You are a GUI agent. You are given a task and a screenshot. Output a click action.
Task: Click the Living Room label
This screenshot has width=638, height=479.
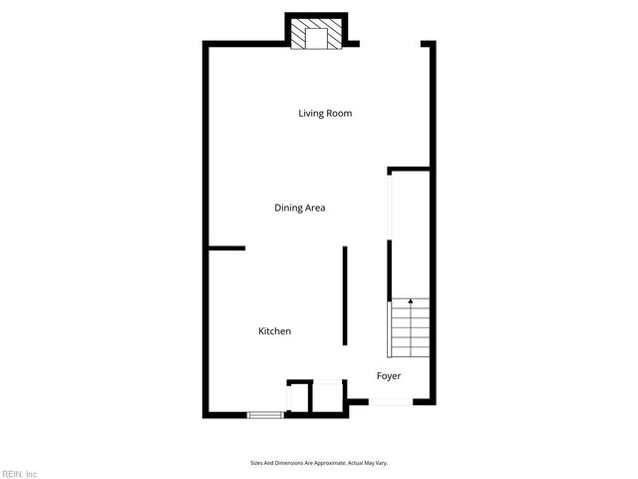coord(325,113)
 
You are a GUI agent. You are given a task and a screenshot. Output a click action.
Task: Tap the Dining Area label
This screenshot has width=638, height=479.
coord(300,208)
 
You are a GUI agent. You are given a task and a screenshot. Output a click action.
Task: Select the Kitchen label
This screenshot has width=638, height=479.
coord(274,331)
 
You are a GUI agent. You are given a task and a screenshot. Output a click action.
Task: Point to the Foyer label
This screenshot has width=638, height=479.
coord(388,376)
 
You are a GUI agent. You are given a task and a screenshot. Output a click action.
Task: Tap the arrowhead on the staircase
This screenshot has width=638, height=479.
coord(410,301)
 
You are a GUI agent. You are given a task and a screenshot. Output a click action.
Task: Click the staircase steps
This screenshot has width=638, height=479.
coord(409,329)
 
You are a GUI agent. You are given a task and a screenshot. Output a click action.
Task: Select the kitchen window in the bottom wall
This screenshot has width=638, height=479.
coord(264,414)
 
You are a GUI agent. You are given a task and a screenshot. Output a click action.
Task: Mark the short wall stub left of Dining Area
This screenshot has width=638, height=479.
coord(226,247)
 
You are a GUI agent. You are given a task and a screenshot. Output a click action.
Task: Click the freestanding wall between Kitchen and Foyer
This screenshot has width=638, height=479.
coord(345,295)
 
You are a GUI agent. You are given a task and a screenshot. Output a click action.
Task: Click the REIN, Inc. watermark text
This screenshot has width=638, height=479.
coord(19,473)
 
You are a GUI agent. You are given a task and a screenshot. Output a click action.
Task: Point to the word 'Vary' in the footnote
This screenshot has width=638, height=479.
coord(380,462)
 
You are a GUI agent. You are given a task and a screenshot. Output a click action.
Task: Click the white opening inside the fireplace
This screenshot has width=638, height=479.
coord(317,39)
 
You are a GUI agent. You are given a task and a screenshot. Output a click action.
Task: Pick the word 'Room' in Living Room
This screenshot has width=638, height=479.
coord(339,113)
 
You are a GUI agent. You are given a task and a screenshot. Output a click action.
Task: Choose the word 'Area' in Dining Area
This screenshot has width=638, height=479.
coord(315,208)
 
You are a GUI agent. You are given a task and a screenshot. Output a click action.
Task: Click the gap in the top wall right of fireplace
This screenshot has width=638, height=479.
coord(389,43)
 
